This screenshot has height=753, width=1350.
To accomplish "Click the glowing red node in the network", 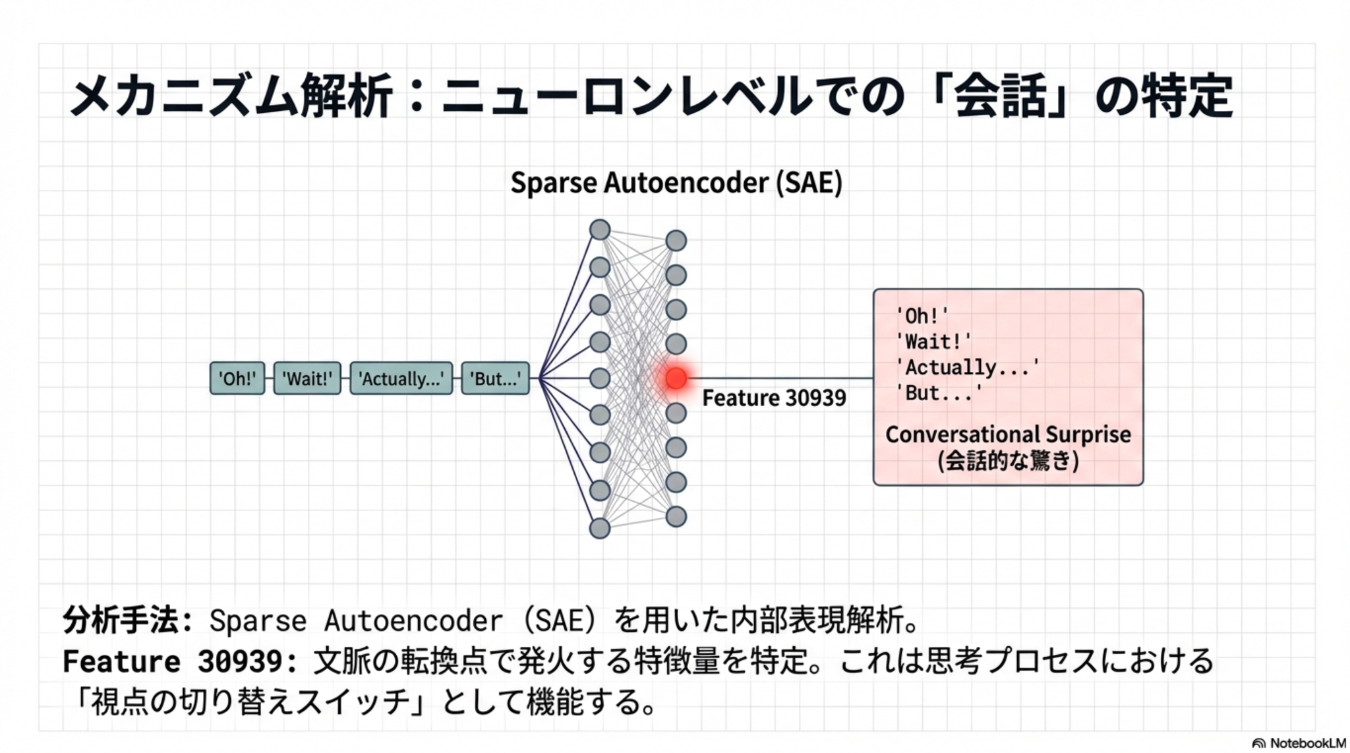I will pyautogui.click(x=676, y=378).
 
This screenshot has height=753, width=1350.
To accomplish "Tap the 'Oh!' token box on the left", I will pyautogui.click(x=237, y=378).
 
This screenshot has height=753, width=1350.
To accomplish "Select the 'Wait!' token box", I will pyautogui.click(x=307, y=378).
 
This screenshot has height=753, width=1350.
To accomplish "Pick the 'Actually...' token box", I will pyautogui.click(x=401, y=378).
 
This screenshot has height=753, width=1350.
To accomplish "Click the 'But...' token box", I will pyautogui.click(x=495, y=378).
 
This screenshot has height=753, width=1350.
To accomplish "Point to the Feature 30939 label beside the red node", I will pyautogui.click(x=774, y=398).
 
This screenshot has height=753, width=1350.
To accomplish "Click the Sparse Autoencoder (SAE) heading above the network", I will pyautogui.click(x=676, y=183).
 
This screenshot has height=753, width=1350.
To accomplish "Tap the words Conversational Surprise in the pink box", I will pyautogui.click(x=1008, y=435).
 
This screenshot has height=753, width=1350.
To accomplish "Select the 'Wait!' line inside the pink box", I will pyautogui.click(x=933, y=342).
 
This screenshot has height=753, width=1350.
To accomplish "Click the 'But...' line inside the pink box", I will pyautogui.click(x=939, y=393).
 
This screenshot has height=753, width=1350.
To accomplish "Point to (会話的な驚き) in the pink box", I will pyautogui.click(x=1008, y=460).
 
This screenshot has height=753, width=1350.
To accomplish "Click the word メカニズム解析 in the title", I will pyautogui.click(x=231, y=96).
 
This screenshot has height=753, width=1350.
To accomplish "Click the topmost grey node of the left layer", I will pyautogui.click(x=600, y=229).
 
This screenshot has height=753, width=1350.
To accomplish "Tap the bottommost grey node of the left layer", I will pyautogui.click(x=600, y=528).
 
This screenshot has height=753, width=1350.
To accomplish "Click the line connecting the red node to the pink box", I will pyautogui.click(x=784, y=378).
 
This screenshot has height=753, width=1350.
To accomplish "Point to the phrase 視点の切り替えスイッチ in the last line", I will pyautogui.click(x=250, y=702).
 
